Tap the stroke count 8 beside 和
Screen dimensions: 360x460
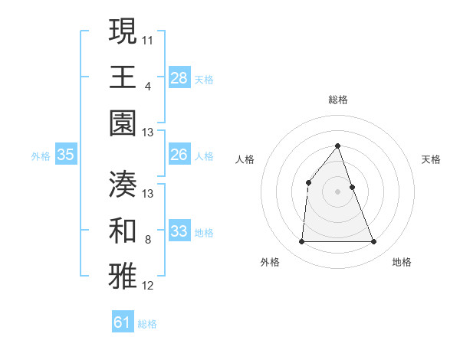click(x=147, y=240)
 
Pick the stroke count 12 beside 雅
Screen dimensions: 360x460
click(x=148, y=286)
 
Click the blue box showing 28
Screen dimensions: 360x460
click(x=179, y=78)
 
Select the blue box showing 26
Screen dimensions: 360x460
click(x=179, y=155)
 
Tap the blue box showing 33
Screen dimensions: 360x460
click(x=179, y=231)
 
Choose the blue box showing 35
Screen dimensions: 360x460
click(x=66, y=155)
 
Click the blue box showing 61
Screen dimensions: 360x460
click(x=123, y=322)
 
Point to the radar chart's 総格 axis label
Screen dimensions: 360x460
click(x=337, y=100)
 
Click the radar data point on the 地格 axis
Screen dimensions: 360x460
click(x=374, y=242)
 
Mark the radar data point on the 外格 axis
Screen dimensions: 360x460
click(x=301, y=242)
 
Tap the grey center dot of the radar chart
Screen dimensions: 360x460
click(x=337, y=191)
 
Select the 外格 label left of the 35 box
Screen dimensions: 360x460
click(x=41, y=155)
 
